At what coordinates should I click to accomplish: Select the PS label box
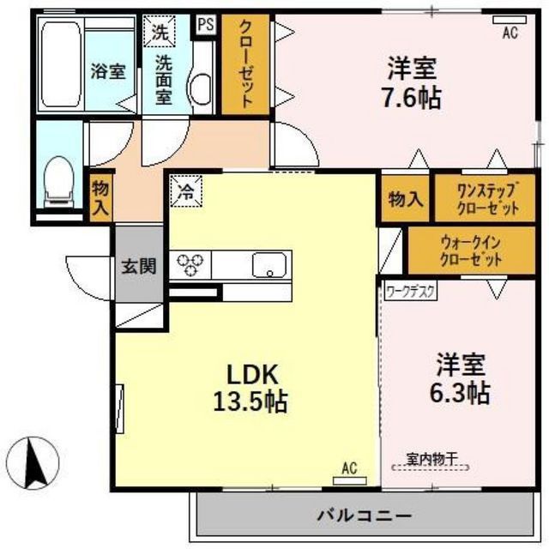pos(206,25)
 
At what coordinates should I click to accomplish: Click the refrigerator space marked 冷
pos(186,190)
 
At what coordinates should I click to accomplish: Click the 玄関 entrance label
pos(137,266)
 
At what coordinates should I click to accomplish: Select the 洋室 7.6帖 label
pos(413,81)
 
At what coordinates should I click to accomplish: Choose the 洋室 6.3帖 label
pos(461,378)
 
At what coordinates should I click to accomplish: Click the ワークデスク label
pos(410,290)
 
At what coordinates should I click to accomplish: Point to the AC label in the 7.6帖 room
pos(510,33)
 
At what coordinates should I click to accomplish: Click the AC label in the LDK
pos(349,468)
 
